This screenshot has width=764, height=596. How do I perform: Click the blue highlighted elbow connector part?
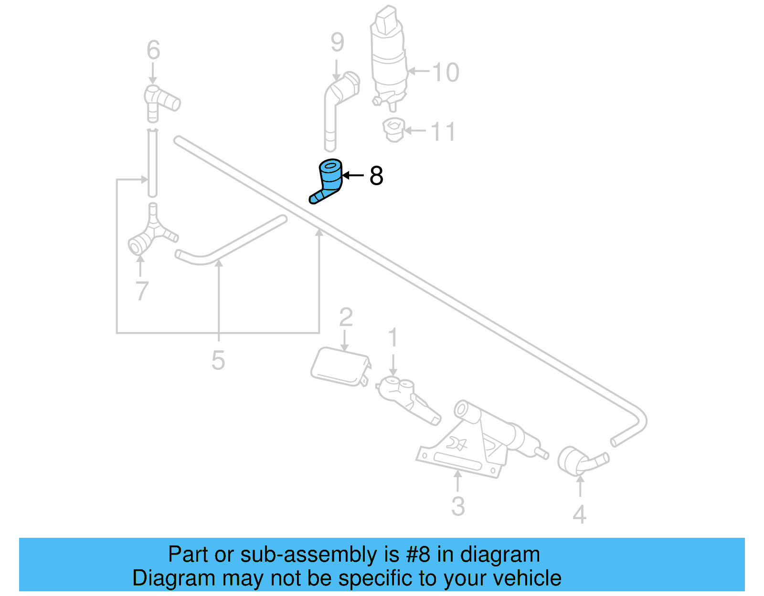pos(329,180)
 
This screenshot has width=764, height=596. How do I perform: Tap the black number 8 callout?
pos(376,176)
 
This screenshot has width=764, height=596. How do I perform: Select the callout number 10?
pos(446,73)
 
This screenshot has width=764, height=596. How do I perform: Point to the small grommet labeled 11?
pos(393,130)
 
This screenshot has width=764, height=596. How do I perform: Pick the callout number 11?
pos(443,132)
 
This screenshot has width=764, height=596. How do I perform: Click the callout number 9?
pos(337,42)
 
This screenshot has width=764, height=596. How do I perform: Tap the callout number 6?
pos(153,50)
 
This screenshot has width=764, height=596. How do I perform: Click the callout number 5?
pos(218,360)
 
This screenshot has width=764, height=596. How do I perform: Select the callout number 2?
pos(346,317)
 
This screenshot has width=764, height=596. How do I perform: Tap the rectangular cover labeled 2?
pos(339,366)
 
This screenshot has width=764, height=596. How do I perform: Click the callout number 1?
pos(393,338)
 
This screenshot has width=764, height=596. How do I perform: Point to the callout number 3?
pos(457,506)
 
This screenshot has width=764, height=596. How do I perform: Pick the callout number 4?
pos(579,514)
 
